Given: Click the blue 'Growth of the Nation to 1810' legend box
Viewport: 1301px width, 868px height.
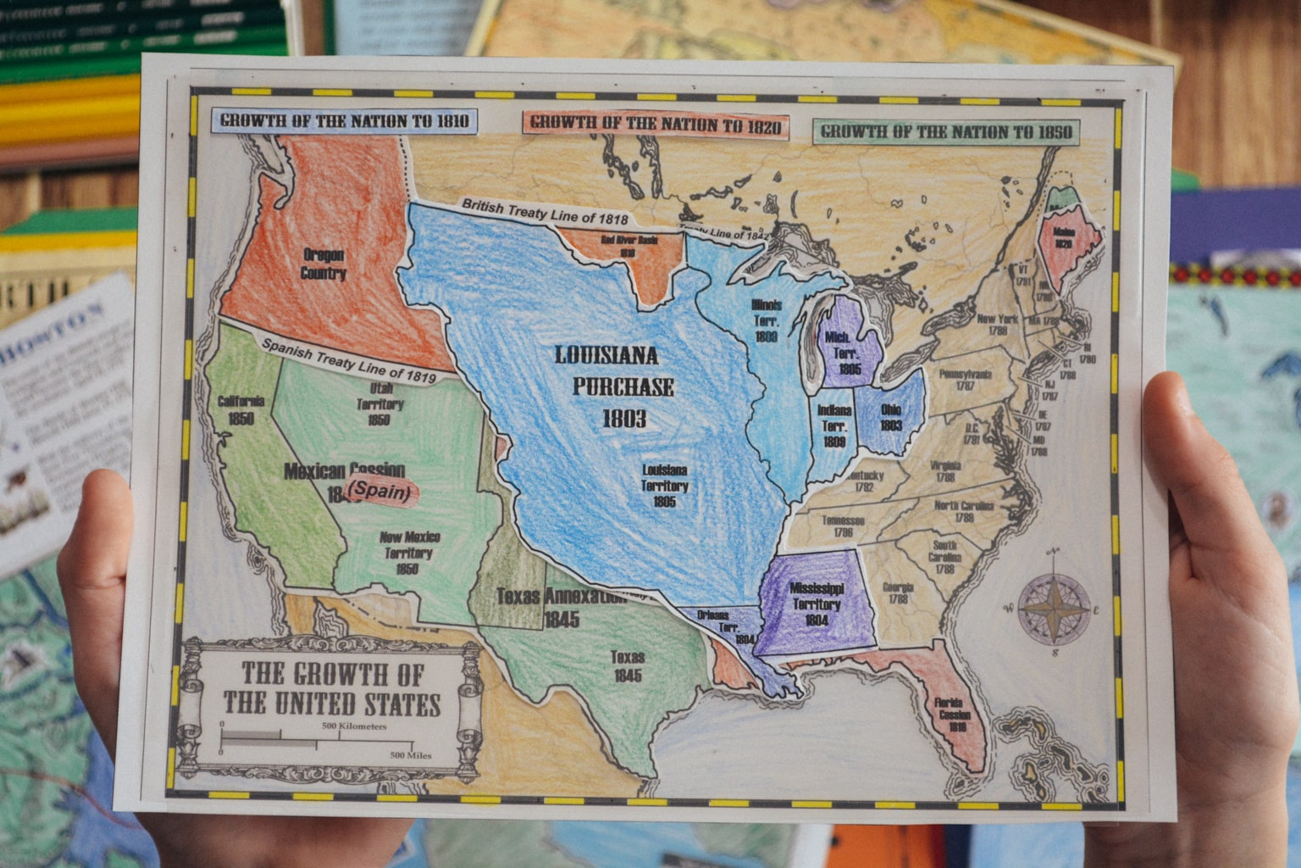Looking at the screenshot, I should click(344, 120).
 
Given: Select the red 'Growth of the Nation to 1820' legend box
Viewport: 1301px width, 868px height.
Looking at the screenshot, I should click(656, 124).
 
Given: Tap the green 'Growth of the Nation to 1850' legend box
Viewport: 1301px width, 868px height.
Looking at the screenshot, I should click(945, 131).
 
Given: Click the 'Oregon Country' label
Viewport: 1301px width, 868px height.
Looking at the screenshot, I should click(324, 264).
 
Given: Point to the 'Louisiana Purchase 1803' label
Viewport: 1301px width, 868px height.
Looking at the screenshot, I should click(613, 386).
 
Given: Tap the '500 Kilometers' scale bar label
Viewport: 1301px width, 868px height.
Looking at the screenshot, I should click(353, 726).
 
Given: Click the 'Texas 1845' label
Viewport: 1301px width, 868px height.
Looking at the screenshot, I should click(627, 666).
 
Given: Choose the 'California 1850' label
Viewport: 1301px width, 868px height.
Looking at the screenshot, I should click(241, 409).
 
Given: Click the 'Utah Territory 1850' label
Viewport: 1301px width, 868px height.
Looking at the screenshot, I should click(379, 403).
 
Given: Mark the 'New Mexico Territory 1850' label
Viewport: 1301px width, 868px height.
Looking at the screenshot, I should click(408, 552).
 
